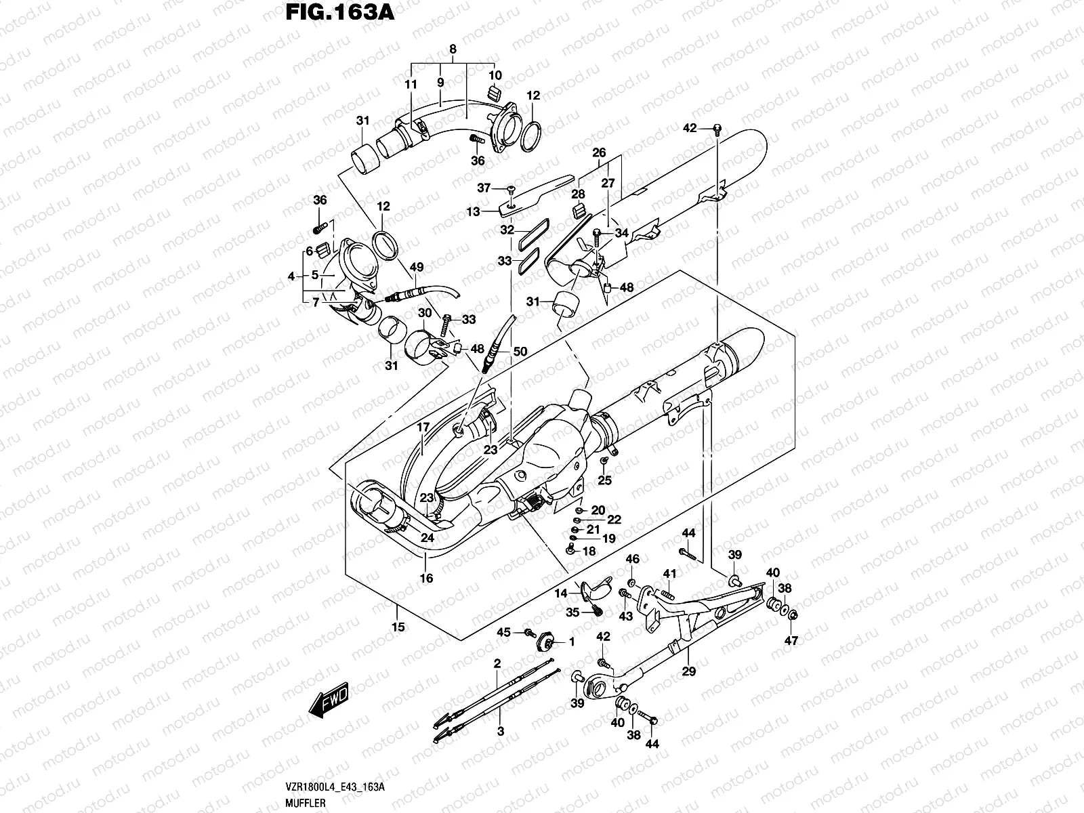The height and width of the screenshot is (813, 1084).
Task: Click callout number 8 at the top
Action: tap(453, 49)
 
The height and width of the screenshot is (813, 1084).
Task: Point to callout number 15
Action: tap(398, 627)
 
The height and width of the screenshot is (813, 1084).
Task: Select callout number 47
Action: tap(792, 640)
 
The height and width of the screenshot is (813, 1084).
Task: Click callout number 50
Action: tap(520, 352)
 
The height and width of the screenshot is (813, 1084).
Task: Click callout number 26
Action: tap(599, 153)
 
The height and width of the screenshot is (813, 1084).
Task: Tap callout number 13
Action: tap(472, 211)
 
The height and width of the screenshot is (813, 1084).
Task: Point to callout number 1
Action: tap(571, 641)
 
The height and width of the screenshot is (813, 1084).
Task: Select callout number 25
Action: tap(604, 480)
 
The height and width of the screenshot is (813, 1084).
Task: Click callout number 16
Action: tap(426, 579)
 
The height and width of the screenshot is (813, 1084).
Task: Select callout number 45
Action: tap(503, 632)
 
